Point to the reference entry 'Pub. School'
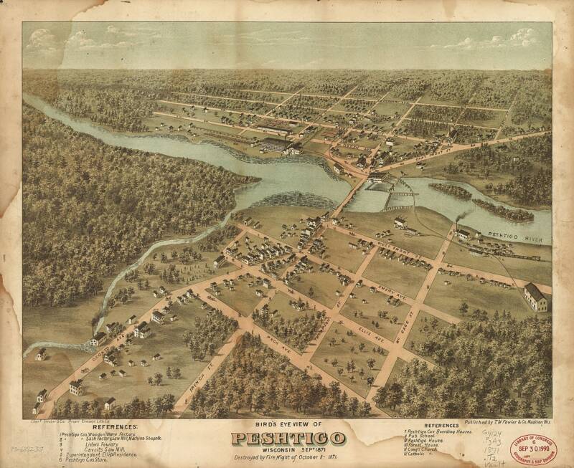(423, 437)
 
